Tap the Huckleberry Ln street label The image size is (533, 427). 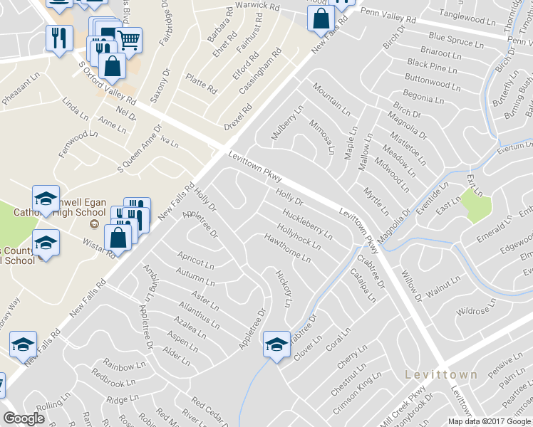click(x=307, y=223)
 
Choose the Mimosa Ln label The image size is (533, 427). click(x=322, y=136)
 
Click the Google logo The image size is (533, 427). click(x=24, y=419)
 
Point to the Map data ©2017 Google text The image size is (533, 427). click(x=488, y=421)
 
